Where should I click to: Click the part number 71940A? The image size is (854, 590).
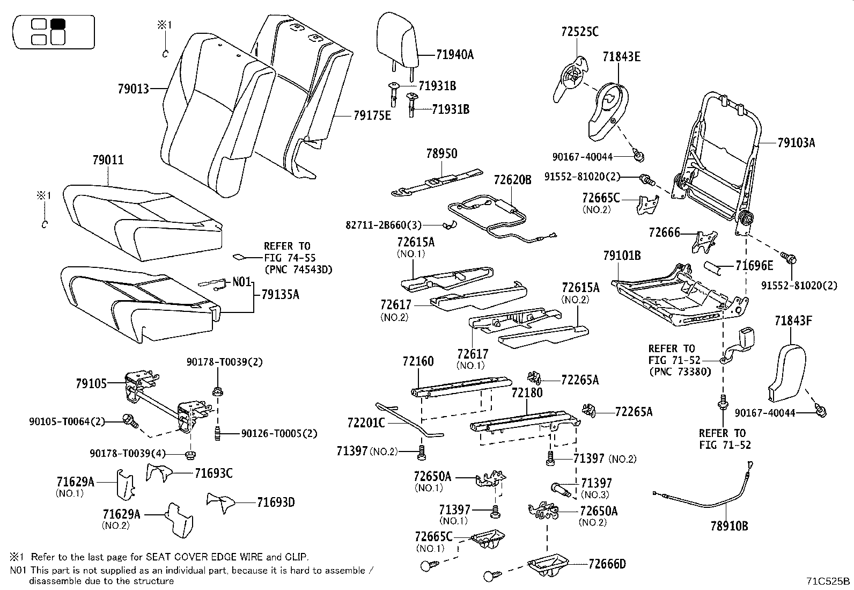coord(454,54)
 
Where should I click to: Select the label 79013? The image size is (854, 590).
coord(133,89)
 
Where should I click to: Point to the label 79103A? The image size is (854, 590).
coord(796,143)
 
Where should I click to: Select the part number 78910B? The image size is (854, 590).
coord(729,526)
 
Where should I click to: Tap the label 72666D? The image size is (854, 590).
coord(607,564)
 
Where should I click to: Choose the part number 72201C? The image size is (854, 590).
coord(366,423)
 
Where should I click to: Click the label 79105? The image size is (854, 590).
coord(91,383)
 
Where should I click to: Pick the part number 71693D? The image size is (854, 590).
coord(276,502)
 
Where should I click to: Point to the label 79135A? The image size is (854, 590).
coord(280,294)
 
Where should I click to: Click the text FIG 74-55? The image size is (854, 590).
coord(287,258)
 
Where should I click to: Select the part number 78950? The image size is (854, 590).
coord(441,154)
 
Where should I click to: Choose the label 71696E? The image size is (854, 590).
coord(754,265)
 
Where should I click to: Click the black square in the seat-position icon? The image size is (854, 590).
coord(57,24)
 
